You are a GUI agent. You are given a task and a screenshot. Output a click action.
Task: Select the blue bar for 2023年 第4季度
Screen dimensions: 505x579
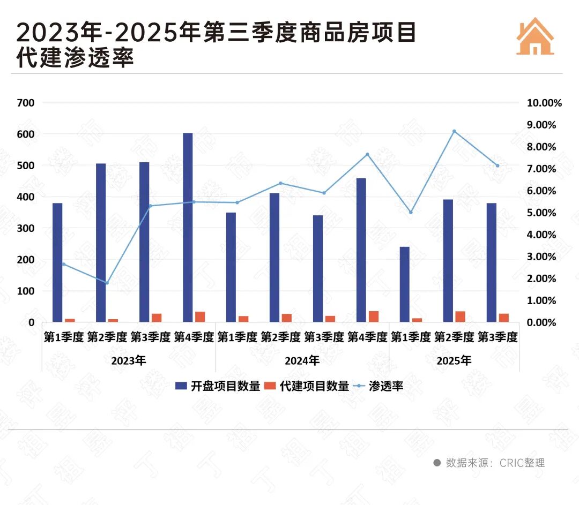[x=188, y=228]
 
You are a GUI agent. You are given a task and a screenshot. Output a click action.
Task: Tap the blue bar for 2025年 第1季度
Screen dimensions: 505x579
[x=404, y=284]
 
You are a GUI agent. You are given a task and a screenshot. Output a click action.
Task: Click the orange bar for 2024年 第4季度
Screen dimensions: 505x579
[x=374, y=316]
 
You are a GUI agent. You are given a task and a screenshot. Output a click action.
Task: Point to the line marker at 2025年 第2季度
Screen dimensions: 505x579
[x=454, y=131]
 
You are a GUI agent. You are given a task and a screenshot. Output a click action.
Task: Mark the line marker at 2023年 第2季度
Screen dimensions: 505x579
[x=107, y=283]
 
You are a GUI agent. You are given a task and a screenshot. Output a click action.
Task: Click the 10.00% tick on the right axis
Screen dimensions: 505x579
[x=545, y=103]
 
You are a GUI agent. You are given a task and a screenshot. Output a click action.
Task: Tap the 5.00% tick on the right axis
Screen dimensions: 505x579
[x=543, y=213]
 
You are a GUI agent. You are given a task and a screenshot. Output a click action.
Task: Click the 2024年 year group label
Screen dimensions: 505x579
[x=302, y=360]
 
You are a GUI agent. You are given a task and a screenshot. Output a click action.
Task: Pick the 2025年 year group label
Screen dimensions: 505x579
[x=454, y=360]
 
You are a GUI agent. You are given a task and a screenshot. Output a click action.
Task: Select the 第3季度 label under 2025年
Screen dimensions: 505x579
[x=497, y=337]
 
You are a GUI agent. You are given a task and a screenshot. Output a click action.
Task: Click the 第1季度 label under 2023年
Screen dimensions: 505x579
[x=63, y=337]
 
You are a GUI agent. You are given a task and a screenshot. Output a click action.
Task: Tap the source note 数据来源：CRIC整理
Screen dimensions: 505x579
[x=489, y=463]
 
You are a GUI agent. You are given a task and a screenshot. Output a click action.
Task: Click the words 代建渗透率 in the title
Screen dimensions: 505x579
[x=75, y=58]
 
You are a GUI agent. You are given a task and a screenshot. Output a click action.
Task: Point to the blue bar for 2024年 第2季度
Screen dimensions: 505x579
[x=274, y=258]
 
